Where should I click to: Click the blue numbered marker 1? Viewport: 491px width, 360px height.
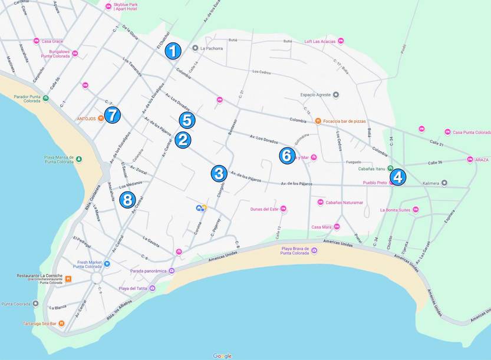[x=172, y=51]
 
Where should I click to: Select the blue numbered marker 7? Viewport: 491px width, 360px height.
[x=112, y=115]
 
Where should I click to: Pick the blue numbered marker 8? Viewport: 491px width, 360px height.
[x=127, y=199]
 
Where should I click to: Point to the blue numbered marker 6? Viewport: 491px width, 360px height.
[x=286, y=156]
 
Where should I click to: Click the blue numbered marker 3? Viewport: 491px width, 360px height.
[x=219, y=173]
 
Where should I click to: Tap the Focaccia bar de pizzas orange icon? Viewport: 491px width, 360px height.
[x=318, y=121]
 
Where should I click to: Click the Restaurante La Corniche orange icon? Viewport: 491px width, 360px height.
[x=68, y=279]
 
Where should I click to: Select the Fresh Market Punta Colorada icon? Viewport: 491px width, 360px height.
[x=90, y=263]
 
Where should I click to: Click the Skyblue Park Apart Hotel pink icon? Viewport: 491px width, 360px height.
[x=108, y=6]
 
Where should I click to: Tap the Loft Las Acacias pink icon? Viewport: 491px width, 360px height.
[x=341, y=41]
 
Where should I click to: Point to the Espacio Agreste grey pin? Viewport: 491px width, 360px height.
[x=336, y=94]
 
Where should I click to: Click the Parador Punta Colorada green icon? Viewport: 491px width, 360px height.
[x=45, y=98]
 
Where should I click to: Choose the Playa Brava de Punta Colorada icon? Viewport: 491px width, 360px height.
[x=314, y=250]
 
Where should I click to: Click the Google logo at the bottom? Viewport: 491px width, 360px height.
[x=222, y=355]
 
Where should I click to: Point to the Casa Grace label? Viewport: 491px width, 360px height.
[x=52, y=41]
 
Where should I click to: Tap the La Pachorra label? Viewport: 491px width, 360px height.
[x=212, y=48]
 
